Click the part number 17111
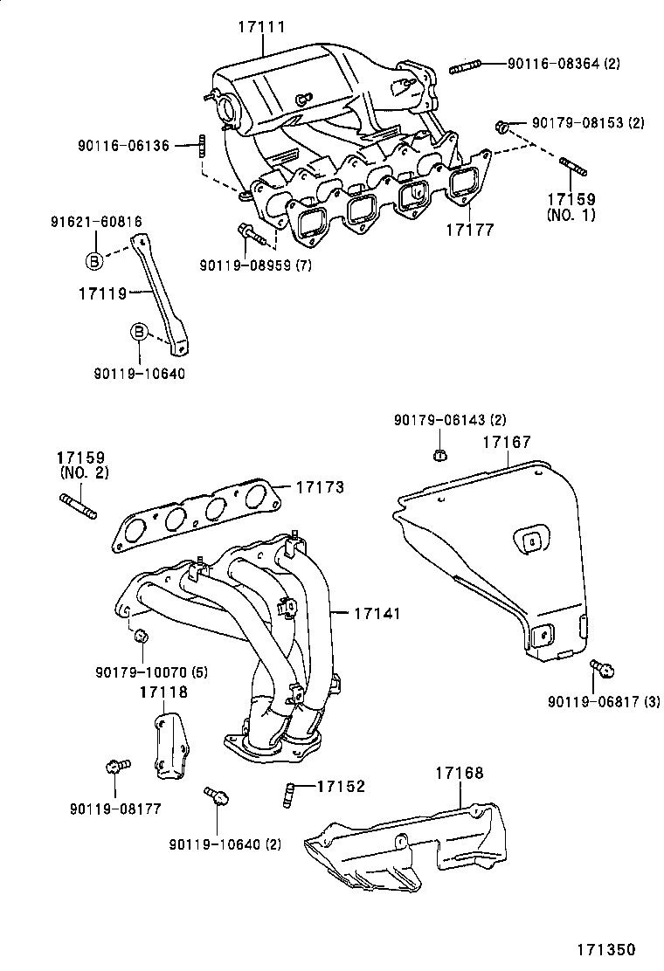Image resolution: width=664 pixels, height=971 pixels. click(261, 28)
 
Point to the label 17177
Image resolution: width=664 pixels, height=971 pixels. click(470, 231)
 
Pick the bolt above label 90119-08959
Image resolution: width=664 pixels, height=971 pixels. click(247, 233)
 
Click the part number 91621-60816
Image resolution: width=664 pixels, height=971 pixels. click(96, 222)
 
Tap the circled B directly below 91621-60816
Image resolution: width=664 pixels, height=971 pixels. click(93, 259)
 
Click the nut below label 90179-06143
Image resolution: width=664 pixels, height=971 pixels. click(441, 454)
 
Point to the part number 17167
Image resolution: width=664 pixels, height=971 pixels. click(507, 443)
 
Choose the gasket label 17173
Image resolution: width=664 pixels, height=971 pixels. click(320, 486)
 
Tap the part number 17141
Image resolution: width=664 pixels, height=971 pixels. click(377, 614)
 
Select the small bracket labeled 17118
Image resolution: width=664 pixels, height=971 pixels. click(171, 747)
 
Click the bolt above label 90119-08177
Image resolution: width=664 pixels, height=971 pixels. click(115, 767)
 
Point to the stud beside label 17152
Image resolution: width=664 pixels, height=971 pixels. click(287, 793)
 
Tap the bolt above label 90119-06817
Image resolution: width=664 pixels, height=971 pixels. click(601, 668)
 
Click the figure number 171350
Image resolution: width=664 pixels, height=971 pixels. click(605, 949)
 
